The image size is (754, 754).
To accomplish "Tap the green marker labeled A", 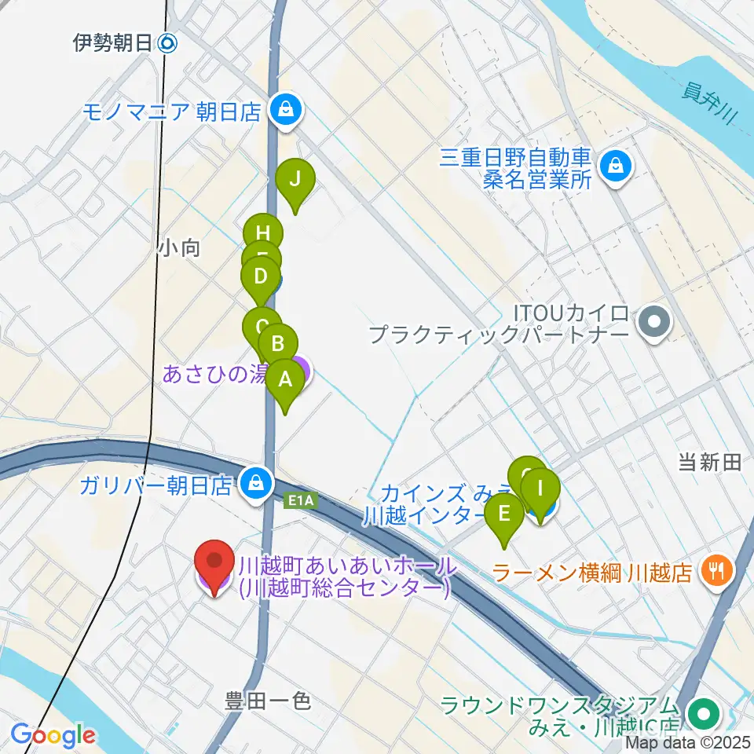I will click(285, 380).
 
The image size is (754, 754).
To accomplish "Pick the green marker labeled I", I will click(540, 488).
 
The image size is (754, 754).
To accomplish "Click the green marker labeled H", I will click(263, 233).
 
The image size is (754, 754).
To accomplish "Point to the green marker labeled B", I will click(278, 344).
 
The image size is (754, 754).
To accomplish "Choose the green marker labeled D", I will click(260, 277).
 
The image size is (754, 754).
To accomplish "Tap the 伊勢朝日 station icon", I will click(168, 44).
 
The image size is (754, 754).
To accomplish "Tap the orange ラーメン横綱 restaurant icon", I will click(716, 569).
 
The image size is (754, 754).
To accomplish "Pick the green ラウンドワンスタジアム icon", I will click(702, 714).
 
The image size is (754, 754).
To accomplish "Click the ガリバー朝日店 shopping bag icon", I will click(255, 481).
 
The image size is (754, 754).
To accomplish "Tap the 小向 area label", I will click(179, 248).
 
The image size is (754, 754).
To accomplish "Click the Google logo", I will click(53, 736).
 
